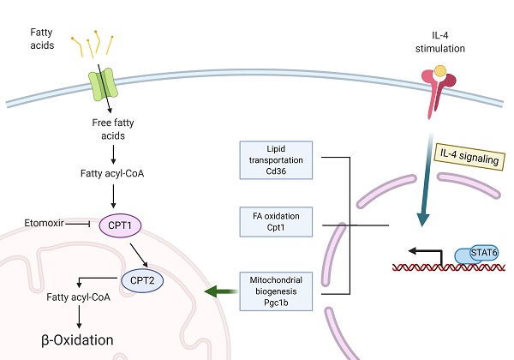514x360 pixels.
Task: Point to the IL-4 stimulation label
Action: (x=443, y=40)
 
